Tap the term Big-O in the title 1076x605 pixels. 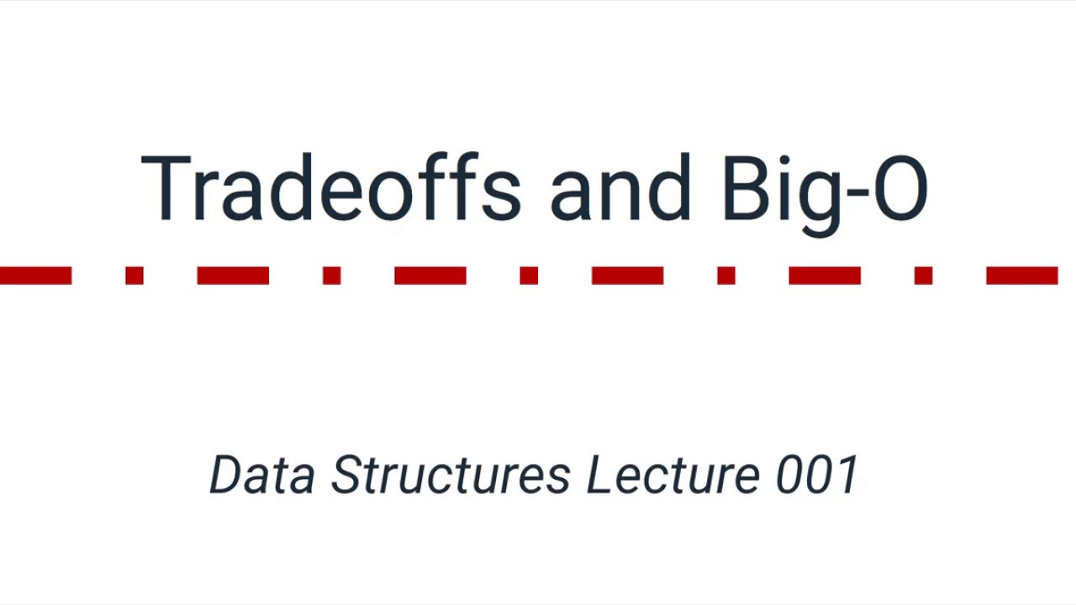click(824, 190)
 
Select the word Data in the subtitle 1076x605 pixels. click(262, 475)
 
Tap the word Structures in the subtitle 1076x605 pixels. click(451, 476)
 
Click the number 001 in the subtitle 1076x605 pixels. click(816, 475)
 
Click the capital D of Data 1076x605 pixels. click(226, 475)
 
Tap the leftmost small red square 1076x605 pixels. click(134, 276)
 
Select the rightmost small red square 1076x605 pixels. click(923, 276)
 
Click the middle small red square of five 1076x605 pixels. click(529, 276)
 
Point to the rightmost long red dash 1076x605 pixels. click(1021, 276)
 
